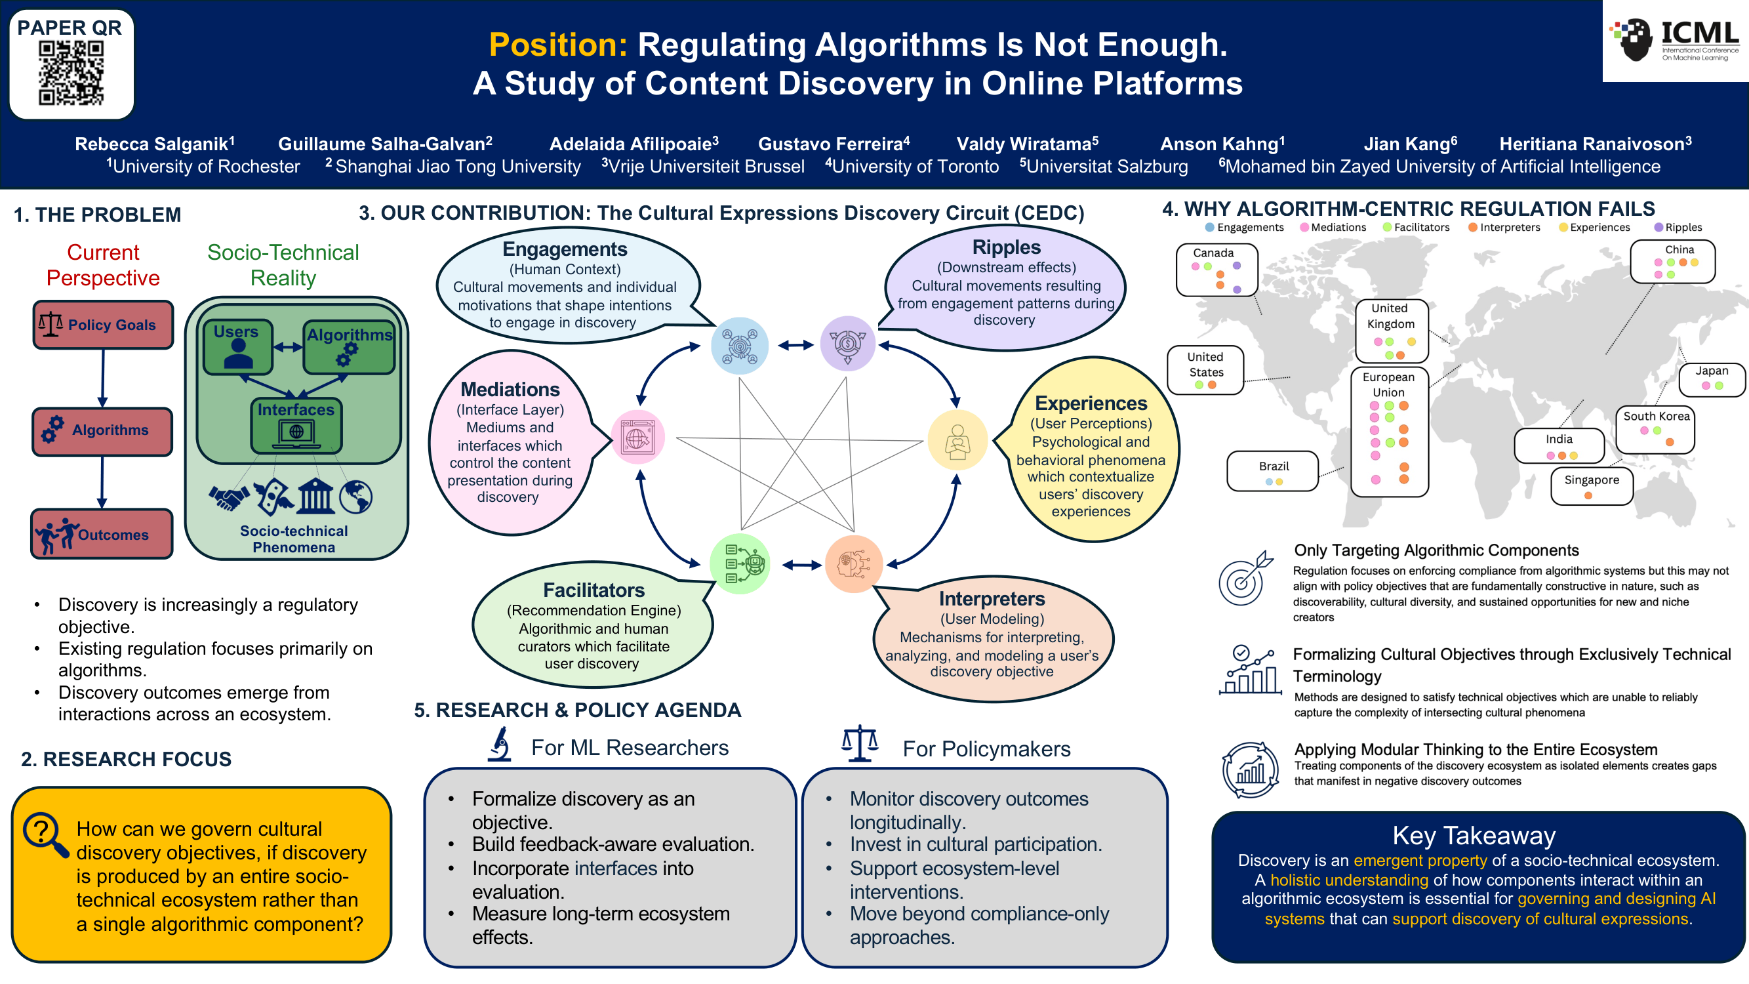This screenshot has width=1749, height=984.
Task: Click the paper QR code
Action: coord(71,73)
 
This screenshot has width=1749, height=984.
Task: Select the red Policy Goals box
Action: coord(103,325)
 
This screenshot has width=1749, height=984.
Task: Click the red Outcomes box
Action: coord(102,535)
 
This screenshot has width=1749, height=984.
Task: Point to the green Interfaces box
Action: coord(296,426)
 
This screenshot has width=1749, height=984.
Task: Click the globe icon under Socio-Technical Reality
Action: coord(356,497)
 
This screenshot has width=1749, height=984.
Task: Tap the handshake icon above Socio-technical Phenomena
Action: coord(229,497)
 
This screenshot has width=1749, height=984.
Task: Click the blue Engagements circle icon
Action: coord(739,346)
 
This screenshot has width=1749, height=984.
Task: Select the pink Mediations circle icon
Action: coord(637,438)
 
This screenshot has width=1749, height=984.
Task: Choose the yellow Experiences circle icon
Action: coord(957,440)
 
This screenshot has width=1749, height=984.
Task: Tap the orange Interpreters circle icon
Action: coord(853,564)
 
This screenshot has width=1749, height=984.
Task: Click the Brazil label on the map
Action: coord(1274,466)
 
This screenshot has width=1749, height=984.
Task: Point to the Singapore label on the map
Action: coord(1592,480)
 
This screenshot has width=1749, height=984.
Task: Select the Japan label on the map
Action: coord(1712,371)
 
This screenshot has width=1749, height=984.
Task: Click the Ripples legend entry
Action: coord(1678,228)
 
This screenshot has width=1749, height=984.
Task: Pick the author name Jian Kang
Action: coord(1410,143)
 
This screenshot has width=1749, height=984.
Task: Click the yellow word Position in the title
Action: coord(558,45)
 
